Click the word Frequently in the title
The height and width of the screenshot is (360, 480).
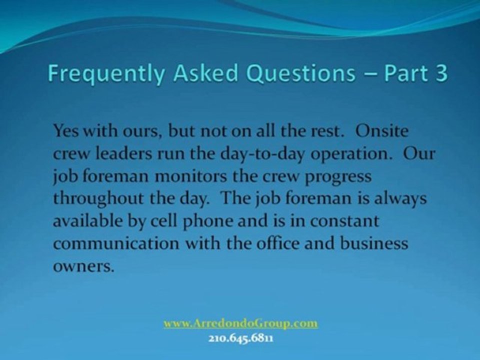[x=106, y=73]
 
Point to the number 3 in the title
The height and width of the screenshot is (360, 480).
[x=441, y=73]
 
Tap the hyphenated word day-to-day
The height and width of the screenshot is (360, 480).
[x=262, y=154]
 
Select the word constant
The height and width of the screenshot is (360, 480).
[x=344, y=221]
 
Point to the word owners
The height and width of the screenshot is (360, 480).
[x=83, y=267]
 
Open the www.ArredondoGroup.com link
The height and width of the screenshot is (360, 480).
[x=240, y=323]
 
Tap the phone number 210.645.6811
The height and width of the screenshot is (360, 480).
[x=241, y=339]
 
